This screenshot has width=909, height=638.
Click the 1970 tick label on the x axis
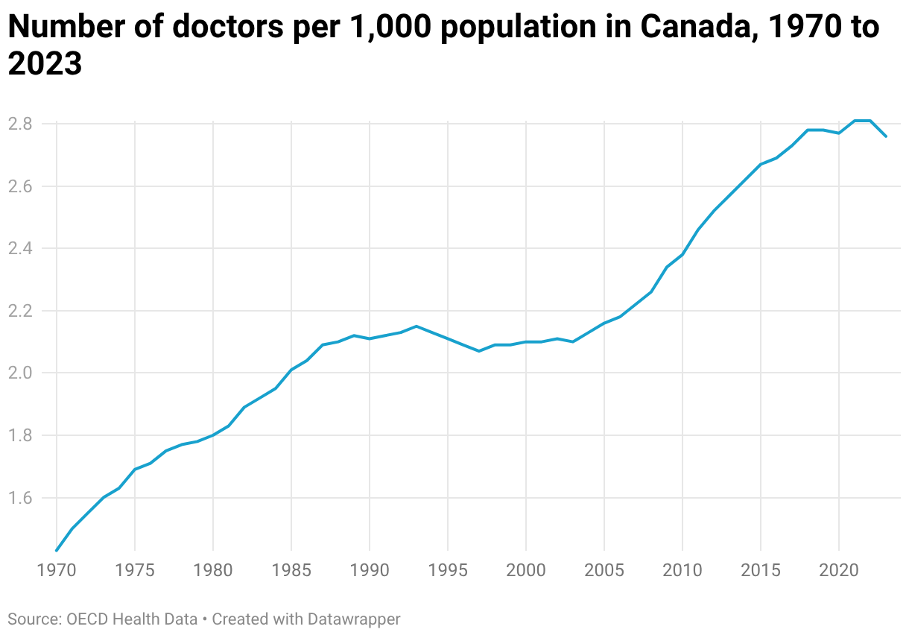(57, 570)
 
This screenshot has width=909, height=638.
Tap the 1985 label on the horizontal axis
(291, 570)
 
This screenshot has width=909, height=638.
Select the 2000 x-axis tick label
(526, 570)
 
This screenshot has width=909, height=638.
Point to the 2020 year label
(839, 570)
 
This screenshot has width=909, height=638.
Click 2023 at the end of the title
(45, 64)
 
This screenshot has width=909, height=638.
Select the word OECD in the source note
(86, 619)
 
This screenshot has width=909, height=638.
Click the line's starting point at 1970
(57, 550)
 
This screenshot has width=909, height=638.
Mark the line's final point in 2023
(886, 136)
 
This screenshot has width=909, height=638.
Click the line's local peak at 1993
(417, 326)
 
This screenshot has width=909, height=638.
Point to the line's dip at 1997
(479, 351)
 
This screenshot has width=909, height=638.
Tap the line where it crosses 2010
(682, 254)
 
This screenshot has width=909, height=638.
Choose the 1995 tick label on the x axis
(448, 570)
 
